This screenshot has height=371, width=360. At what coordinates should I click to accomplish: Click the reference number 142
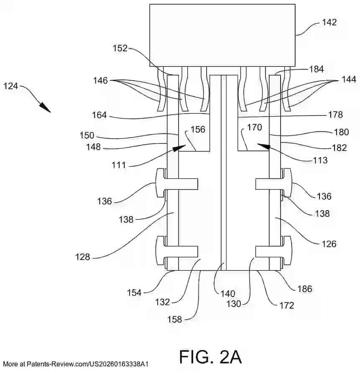tap(329, 22)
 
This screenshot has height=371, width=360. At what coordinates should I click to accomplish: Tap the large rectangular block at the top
tap(222, 35)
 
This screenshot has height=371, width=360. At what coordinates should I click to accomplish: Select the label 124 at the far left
tap(10, 86)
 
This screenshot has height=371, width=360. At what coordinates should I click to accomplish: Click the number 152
tap(120, 48)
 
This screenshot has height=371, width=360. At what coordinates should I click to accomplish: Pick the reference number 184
tap(317, 69)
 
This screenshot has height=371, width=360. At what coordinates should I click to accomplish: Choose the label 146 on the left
tap(100, 81)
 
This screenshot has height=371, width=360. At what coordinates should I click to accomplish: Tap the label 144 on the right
tap(349, 79)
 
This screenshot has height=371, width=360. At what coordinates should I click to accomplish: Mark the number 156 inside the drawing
tap(198, 130)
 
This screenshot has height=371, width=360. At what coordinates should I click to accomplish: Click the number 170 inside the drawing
tap(255, 127)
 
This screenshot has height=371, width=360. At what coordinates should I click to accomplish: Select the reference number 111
tap(119, 165)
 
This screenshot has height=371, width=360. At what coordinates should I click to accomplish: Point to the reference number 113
tap(320, 160)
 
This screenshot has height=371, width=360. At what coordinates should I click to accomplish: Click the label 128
tap(83, 257)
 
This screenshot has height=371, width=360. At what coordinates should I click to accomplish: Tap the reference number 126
tap(329, 244)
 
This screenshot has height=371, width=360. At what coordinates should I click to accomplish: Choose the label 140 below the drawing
tap(228, 294)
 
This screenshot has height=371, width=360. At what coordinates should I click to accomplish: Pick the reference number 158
tap(175, 320)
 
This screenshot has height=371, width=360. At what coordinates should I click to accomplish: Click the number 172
tap(287, 305)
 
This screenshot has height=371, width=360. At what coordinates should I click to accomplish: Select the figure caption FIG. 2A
tap(211, 356)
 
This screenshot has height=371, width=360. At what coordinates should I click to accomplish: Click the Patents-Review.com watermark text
tap(76, 364)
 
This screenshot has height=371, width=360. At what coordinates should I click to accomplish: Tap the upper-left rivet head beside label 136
tap(160, 183)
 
